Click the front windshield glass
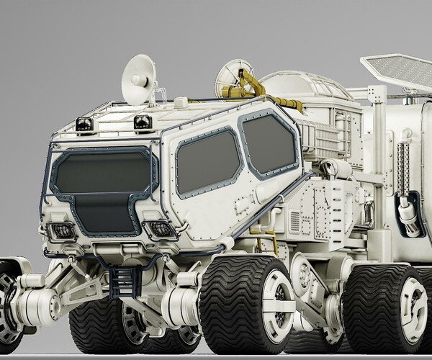click(101, 174)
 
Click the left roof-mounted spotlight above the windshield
click(84, 124)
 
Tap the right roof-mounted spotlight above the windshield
click(143, 121)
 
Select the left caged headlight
click(63, 231)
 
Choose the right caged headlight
click(161, 229)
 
